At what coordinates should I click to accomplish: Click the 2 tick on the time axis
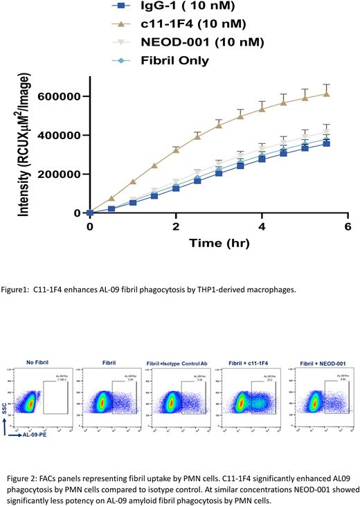pyautogui.click(x=176, y=227)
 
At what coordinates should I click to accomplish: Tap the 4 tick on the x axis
pyautogui.click(x=262, y=227)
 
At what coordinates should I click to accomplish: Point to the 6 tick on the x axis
pyautogui.click(x=348, y=227)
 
